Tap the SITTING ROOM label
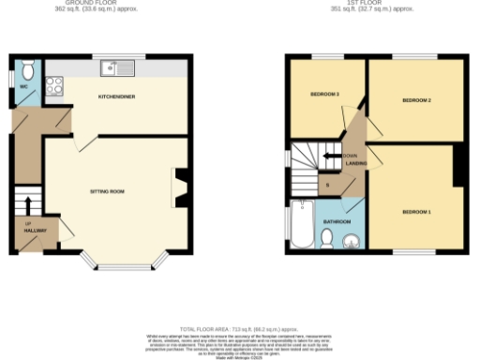click(107, 191)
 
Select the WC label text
click(24, 88)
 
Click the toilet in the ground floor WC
click(26, 69)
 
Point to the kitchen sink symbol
click(121, 67)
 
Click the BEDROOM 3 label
click(324, 95)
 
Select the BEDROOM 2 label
click(415, 99)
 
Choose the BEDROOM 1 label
click(415, 212)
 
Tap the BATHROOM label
click(337, 222)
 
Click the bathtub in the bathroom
click(303, 223)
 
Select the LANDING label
click(355, 163)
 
